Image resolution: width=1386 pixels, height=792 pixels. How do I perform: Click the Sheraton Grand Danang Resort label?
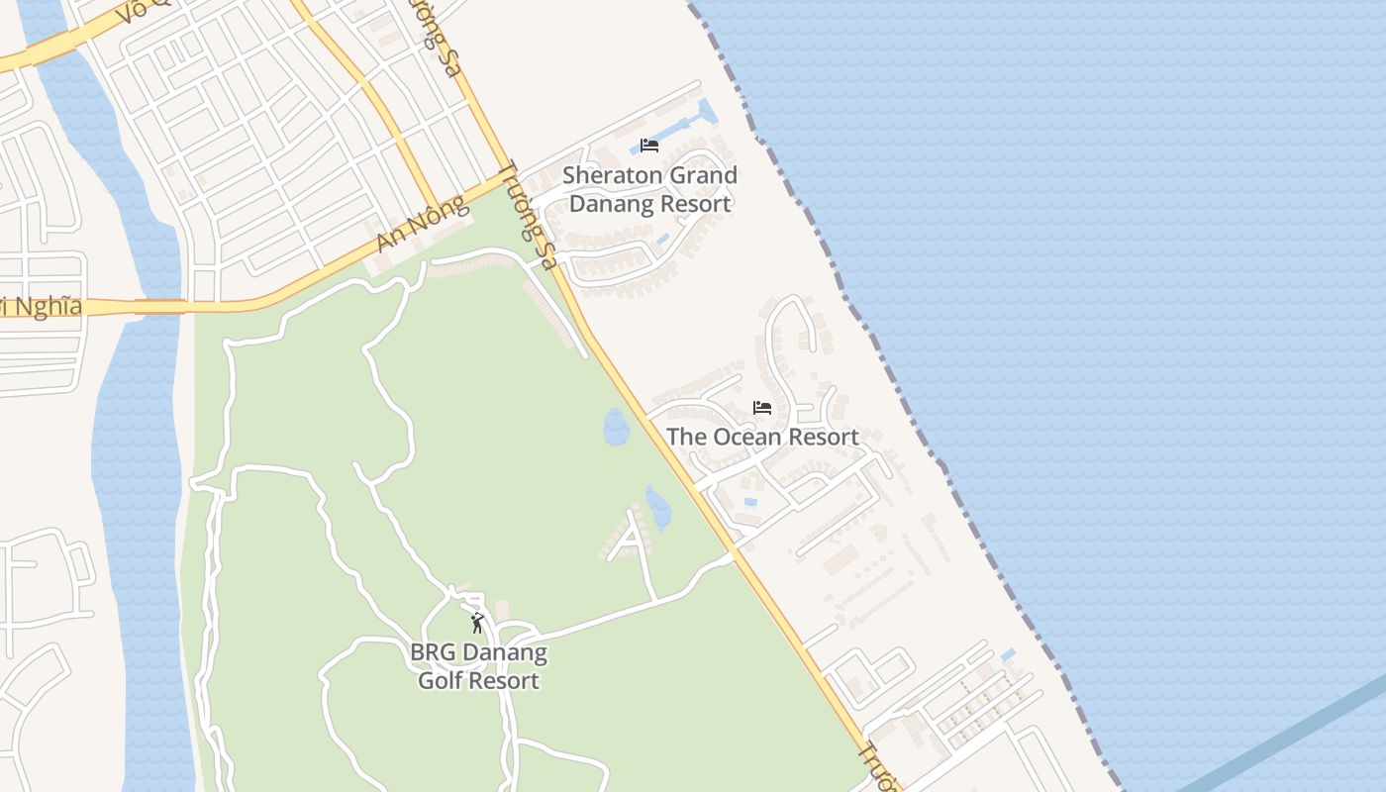tap(649, 189)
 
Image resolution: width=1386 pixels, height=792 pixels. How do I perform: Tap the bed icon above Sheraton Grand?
tap(649, 146)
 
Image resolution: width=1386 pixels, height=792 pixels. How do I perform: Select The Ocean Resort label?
tap(761, 437)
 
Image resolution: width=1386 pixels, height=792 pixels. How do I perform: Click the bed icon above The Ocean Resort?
tap(761, 407)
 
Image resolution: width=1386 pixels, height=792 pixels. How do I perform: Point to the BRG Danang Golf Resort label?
tap(478, 667)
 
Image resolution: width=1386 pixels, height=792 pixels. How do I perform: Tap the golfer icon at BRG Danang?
tap(477, 623)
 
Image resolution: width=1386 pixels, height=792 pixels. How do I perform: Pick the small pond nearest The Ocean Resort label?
tap(616, 427)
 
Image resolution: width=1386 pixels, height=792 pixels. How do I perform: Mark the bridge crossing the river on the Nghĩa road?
tap(158, 307)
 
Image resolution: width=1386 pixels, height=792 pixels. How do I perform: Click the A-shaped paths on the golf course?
tap(629, 539)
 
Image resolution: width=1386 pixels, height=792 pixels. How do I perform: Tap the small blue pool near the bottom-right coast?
tap(1008, 655)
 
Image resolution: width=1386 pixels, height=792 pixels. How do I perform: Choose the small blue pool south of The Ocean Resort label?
tap(750, 502)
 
